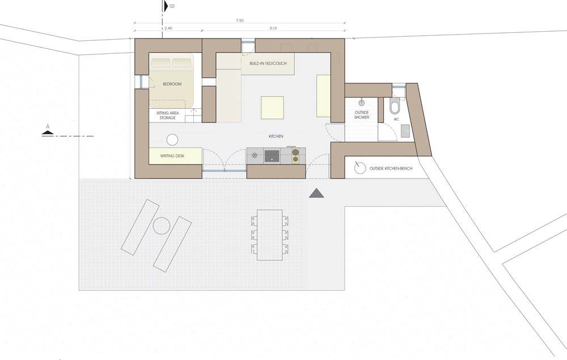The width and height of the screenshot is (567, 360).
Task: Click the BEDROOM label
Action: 172,84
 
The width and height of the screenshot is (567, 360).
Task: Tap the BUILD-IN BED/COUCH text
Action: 268,63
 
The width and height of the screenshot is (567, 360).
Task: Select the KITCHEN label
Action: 276,136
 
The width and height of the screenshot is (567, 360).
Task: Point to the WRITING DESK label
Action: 172,156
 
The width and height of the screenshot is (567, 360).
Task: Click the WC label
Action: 396,119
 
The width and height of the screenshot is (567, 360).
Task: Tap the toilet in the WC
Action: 394,105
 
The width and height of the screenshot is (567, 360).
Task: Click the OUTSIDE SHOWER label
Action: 362,115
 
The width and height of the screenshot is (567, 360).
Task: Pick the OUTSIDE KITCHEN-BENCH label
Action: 391,168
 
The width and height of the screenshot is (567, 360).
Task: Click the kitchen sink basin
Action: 272,156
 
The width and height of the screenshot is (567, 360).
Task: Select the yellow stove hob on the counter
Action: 295,155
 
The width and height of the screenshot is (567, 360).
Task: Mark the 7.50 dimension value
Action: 239,20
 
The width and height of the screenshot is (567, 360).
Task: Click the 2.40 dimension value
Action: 168,28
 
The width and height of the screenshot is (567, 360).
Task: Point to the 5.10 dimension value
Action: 273,28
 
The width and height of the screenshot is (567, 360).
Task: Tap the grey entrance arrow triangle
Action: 316,194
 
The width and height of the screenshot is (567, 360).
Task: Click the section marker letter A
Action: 48,127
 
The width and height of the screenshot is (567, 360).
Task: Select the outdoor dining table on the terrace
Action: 270,235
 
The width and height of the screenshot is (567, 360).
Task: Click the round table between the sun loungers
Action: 161,226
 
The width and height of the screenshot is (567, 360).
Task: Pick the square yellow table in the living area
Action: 272,107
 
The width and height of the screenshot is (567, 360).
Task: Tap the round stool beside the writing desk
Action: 172,140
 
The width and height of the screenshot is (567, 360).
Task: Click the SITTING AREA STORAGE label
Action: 167,115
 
